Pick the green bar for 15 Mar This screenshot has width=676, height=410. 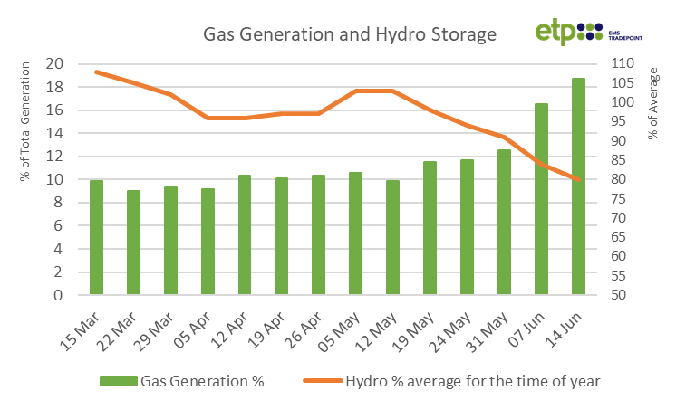[96, 237]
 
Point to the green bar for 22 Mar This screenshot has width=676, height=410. [133, 243]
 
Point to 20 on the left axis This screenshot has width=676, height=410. [54, 64]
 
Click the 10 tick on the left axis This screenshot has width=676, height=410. [54, 180]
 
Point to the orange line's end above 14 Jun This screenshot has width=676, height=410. [578, 180]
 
